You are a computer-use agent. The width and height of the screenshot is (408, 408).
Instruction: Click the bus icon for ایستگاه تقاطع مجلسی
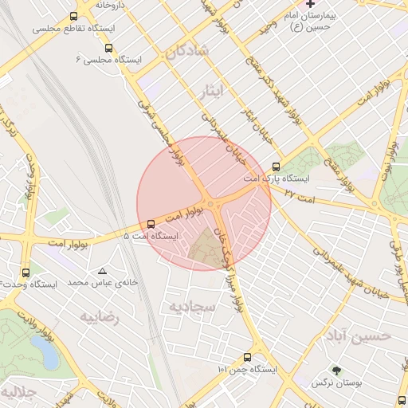point(74,16)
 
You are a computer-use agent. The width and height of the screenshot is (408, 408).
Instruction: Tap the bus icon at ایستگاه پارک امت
point(277,167)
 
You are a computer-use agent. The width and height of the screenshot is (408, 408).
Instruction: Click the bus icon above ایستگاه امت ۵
point(151,224)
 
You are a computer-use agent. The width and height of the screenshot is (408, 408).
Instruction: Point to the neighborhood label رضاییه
point(99,316)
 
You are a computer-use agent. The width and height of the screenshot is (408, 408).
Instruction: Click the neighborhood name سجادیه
point(189,306)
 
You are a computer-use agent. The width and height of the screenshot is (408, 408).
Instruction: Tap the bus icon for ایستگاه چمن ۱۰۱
point(247,358)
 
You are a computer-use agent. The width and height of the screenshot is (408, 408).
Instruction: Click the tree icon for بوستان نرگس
point(336,371)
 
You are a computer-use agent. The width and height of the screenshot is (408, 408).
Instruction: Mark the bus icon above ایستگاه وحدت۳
point(25,272)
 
